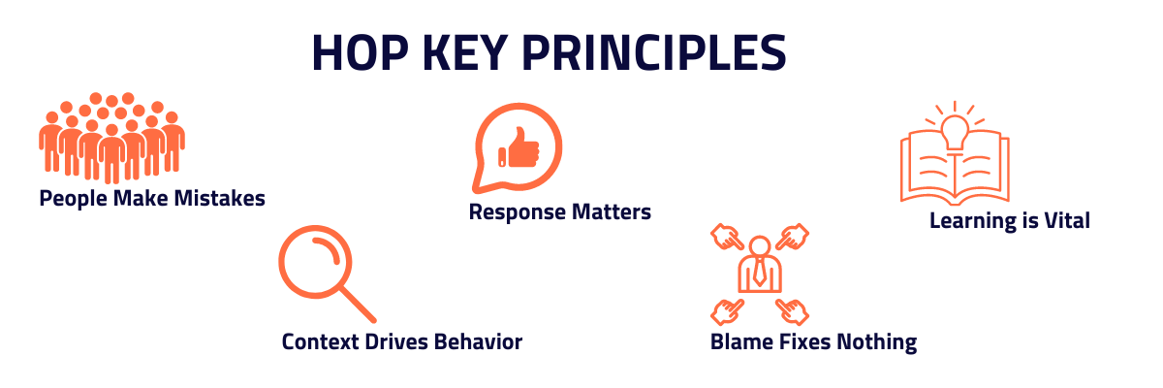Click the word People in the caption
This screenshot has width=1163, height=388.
[x=73, y=199]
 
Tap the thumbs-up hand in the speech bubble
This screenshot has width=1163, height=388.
[x=519, y=148]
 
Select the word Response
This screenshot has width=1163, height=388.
[x=513, y=211]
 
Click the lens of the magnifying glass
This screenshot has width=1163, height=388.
[x=313, y=259]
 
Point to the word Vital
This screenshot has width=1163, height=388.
[x=1065, y=221]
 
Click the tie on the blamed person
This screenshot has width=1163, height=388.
[x=759, y=272]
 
